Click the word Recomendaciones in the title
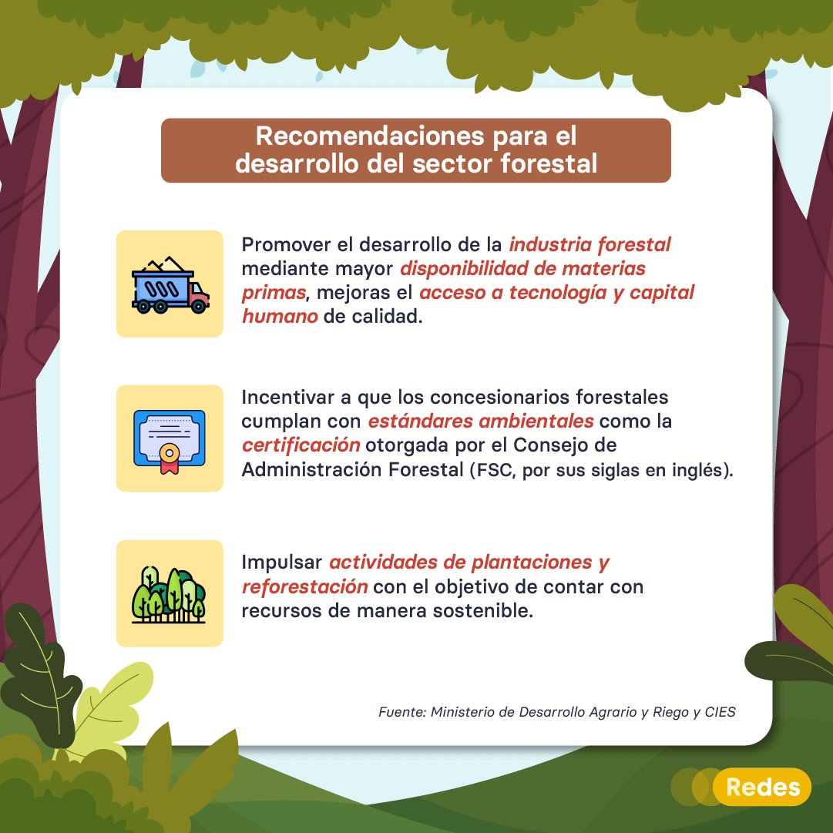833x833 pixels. [x=370, y=136]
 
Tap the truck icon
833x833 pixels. [x=170, y=285]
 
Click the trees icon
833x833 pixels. [x=169, y=594]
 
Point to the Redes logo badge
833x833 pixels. [x=762, y=787]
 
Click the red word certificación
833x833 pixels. [x=301, y=445]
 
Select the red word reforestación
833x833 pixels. [x=304, y=587]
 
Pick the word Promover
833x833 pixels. [x=287, y=245]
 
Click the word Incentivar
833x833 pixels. [x=288, y=398]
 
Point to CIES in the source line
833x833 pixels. [x=720, y=713]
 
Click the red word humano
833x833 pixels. [x=280, y=317]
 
